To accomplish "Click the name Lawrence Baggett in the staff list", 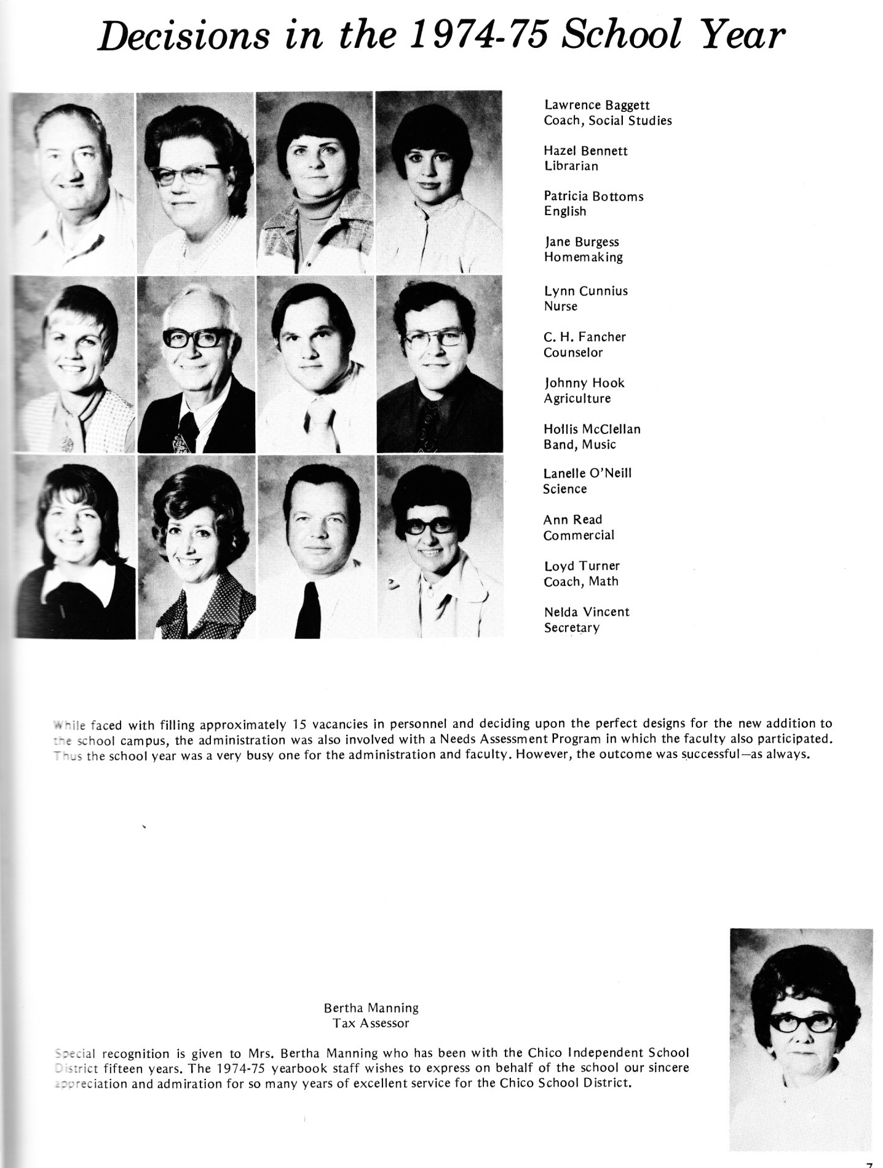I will coord(596,105).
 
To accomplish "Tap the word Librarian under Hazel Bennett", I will coord(571,166).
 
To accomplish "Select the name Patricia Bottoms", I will coord(593,196).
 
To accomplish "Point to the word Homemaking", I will coord(583,258).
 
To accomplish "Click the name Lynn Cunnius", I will coord(585,291).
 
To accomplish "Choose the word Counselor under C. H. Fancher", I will coord(572,353).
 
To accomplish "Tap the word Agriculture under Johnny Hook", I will coord(577,398).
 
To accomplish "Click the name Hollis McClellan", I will coord(592,429).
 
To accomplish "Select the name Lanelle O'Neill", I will coord(587,473).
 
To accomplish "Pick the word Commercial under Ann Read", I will coord(578,535).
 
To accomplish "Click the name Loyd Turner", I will coord(582,566).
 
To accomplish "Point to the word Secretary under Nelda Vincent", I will coord(571,628).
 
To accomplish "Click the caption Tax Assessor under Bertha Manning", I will coord(371,1024).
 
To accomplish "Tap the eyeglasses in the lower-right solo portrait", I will coord(802,1023).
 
